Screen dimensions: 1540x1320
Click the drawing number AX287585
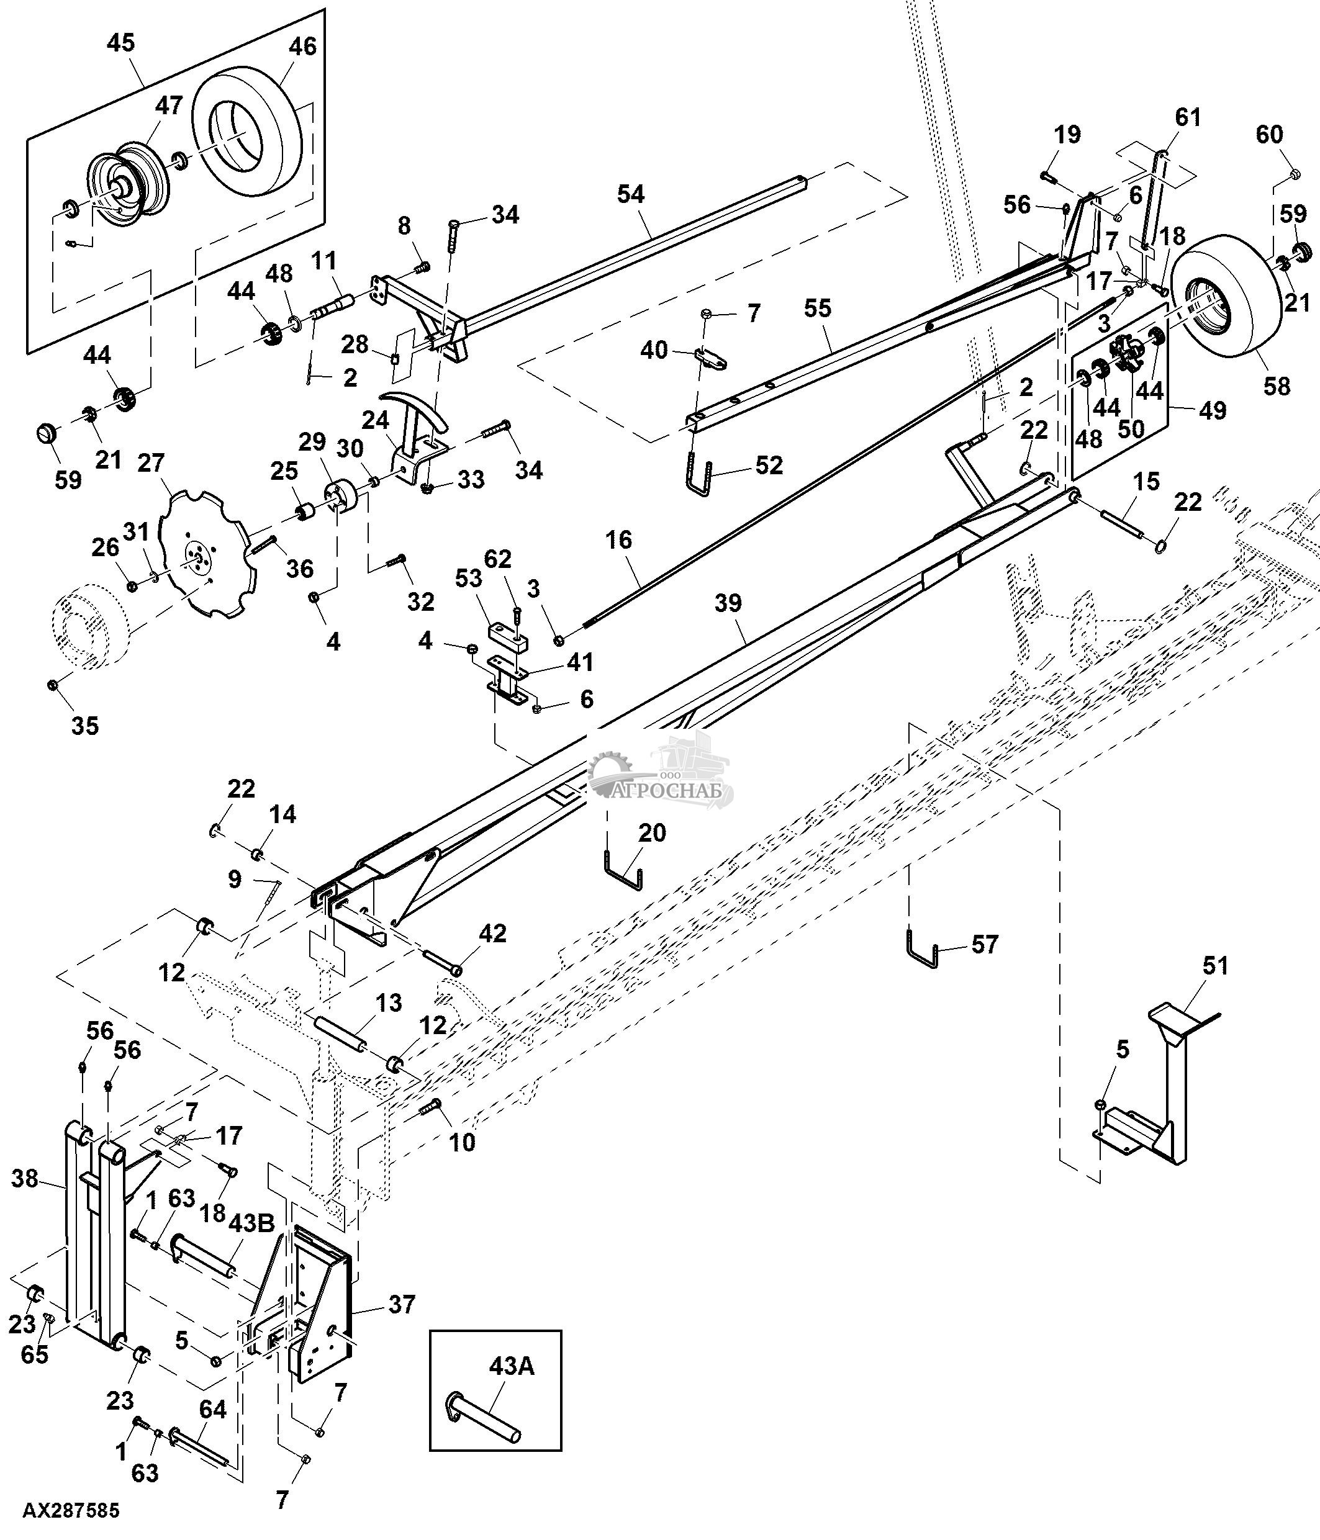click(71, 1511)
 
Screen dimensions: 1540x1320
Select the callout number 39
click(728, 603)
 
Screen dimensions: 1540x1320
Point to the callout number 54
click(630, 194)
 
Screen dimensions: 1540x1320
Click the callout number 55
click(817, 308)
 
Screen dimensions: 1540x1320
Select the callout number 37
click(401, 1304)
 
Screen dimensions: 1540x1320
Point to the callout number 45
click(120, 42)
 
